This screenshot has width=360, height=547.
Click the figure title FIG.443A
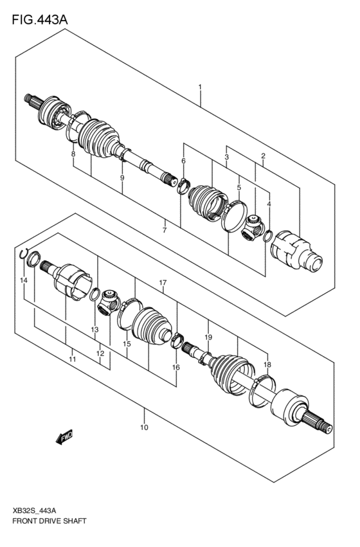click(x=39, y=20)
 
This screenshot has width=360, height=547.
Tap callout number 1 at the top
click(x=200, y=87)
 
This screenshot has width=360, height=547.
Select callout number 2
click(x=263, y=156)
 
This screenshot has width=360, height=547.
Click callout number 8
click(x=73, y=154)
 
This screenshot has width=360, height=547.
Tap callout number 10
click(x=143, y=427)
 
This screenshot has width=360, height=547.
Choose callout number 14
click(x=24, y=281)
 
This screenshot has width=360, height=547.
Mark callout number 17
click(x=163, y=283)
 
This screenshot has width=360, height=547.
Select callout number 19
click(x=208, y=337)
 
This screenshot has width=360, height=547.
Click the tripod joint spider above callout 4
click(x=253, y=228)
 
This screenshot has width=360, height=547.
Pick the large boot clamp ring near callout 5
click(x=235, y=215)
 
